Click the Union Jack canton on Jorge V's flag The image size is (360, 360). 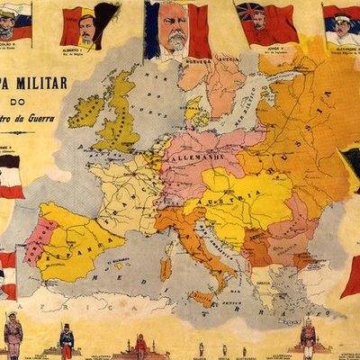coord(246,11)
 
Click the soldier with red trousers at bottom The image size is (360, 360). coord(66,342)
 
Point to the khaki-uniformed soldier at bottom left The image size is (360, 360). coord(13,337)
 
